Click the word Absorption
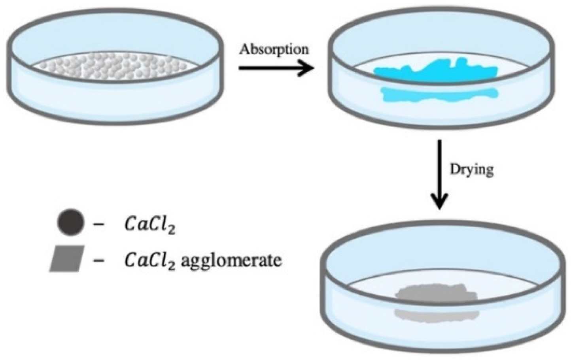tap(274, 50)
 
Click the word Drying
tap(472, 170)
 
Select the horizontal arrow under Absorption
tap(273, 68)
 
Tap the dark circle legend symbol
tap(71, 222)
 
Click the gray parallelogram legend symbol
tap(67, 259)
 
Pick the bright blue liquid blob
tap(435, 71)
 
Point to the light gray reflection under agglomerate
tap(437, 314)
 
